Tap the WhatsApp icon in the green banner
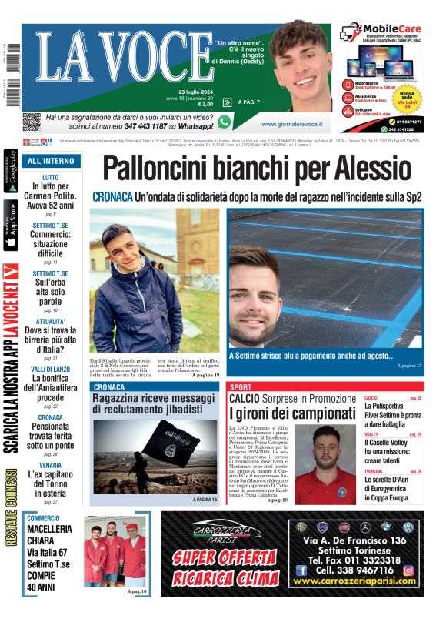(224, 122)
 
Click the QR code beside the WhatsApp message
(31, 122)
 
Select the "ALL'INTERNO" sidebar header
(51, 161)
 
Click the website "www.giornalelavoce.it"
(291, 123)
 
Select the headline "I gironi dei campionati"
(291, 413)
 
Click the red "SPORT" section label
(241, 386)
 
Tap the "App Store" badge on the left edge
(11, 226)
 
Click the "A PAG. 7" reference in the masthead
(249, 102)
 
